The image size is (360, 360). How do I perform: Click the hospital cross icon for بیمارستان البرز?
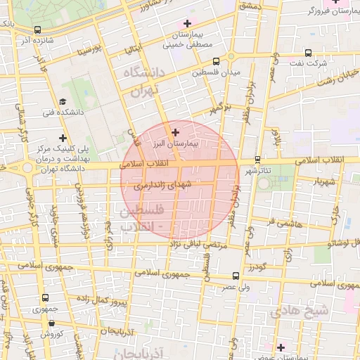pyautogui.click(x=176, y=131)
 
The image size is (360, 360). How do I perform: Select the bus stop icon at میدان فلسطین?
pyautogui.click(x=215, y=61)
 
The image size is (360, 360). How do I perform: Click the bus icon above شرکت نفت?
pyautogui.click(x=308, y=53)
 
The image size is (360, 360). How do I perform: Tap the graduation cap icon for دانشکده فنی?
pyautogui.click(x=63, y=101)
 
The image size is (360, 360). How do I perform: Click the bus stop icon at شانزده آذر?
pyautogui.click(x=37, y=30)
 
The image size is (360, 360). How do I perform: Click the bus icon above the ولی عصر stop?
pyautogui.click(x=234, y=276)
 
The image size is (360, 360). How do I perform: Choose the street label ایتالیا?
pyautogui.click(x=134, y=50)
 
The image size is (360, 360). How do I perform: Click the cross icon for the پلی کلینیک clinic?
pyautogui.click(x=63, y=138)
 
